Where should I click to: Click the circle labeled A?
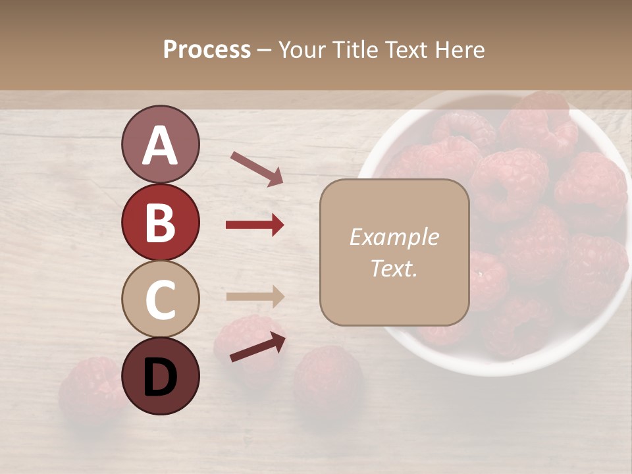(160, 144)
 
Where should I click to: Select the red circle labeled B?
(160, 222)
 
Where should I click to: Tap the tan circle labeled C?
(160, 299)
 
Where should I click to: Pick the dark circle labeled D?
(160, 377)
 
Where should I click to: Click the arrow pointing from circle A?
(257, 169)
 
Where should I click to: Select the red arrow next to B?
(255, 225)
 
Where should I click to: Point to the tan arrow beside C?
(255, 296)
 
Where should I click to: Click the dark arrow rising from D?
(257, 348)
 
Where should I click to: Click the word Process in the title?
(207, 49)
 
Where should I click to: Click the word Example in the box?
(394, 237)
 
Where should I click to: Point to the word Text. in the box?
(394, 269)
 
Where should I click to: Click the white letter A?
(160, 145)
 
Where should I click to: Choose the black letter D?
(160, 377)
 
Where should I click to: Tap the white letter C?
(160, 300)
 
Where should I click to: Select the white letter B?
(160, 223)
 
